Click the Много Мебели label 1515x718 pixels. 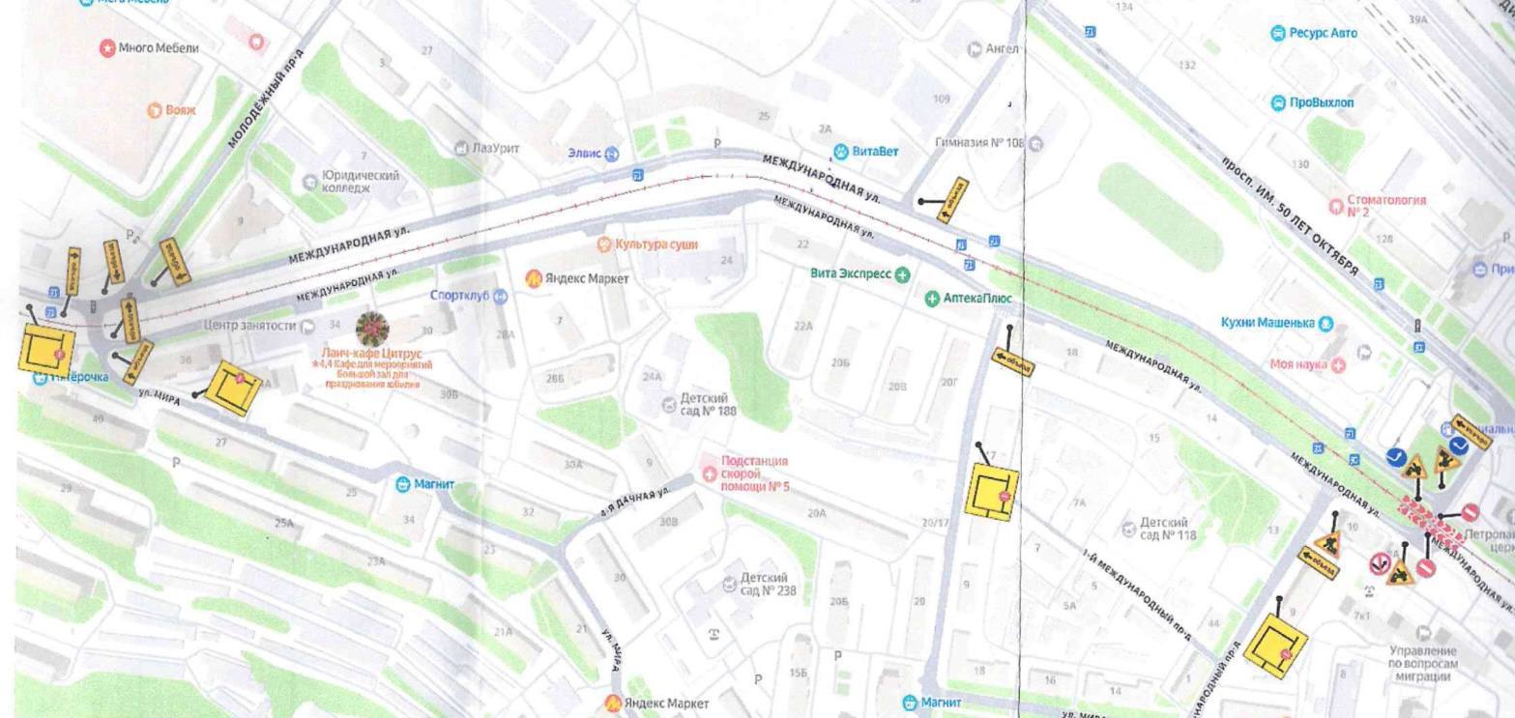click(159, 47)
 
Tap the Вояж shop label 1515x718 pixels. click(180, 110)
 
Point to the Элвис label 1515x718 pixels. click(584, 154)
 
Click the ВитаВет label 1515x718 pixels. click(874, 152)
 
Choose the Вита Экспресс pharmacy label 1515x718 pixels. click(851, 273)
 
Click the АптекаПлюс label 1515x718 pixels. click(976, 299)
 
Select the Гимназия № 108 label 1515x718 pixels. click(978, 143)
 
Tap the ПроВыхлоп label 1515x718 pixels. click(1321, 102)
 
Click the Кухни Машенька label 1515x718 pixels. click(1274, 323)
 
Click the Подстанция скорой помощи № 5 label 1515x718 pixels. click(754, 474)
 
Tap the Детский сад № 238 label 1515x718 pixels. click(768, 584)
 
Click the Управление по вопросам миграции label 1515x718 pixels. click(1424, 664)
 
